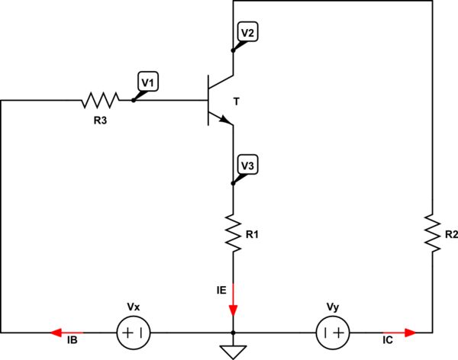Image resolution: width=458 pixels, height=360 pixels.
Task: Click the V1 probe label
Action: [x=147, y=80]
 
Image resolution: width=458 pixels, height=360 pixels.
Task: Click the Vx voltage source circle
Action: [x=134, y=333]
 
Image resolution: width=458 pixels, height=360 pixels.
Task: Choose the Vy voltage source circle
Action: [x=333, y=333]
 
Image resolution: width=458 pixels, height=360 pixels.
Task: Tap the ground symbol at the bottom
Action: [x=233, y=351]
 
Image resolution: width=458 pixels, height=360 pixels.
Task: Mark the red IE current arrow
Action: [x=233, y=309]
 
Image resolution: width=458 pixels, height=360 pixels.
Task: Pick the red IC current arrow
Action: [x=410, y=333]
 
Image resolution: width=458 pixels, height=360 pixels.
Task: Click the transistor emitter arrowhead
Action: [x=224, y=120]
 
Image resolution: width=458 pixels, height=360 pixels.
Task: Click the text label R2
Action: [x=450, y=235]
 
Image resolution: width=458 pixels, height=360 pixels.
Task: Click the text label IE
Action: [x=220, y=290]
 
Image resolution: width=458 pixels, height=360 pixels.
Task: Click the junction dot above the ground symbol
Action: [x=233, y=333]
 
